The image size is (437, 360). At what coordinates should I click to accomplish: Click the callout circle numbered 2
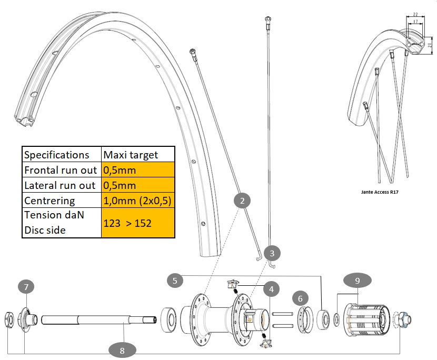point(242,201)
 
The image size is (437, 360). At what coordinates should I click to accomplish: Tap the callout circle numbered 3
point(272,253)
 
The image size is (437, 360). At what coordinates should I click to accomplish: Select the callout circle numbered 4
point(272,288)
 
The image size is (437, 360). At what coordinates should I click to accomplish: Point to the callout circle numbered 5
point(175,280)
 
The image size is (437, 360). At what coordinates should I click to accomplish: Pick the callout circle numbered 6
point(300,298)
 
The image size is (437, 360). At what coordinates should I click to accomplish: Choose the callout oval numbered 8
point(122,348)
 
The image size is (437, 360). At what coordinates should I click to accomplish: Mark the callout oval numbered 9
point(357,281)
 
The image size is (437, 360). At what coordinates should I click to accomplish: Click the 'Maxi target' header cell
point(138,155)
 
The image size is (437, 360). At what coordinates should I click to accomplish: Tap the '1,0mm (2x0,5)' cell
point(138,201)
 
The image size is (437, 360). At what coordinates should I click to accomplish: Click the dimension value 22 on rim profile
point(415,15)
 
